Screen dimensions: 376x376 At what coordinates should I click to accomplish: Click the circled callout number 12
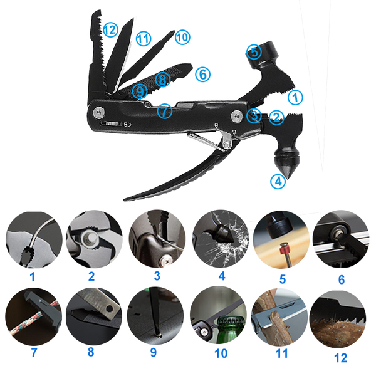(x=110, y=29)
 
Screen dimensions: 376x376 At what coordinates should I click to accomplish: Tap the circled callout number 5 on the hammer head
(x=254, y=52)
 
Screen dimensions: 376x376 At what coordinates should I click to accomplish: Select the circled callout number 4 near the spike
(x=278, y=181)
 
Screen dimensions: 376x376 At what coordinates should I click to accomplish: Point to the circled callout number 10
(x=182, y=38)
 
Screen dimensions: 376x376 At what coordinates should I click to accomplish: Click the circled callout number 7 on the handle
(x=165, y=111)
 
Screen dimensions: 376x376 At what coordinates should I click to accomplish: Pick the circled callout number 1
(x=295, y=97)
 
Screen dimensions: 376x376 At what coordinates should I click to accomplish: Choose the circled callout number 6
(x=203, y=74)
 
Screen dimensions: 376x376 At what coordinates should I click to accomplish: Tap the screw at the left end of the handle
(x=99, y=112)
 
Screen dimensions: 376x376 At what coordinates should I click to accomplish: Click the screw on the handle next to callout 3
(x=237, y=116)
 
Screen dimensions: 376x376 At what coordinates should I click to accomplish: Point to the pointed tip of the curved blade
(x=125, y=199)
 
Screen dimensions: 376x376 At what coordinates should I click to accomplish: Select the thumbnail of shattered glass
(x=221, y=239)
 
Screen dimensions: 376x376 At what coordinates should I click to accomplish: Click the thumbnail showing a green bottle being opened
(x=218, y=316)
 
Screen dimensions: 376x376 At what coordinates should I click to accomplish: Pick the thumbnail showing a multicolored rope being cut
(x=34, y=316)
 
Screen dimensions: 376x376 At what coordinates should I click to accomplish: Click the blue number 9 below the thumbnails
(x=154, y=352)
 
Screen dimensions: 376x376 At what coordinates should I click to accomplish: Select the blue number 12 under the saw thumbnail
(x=340, y=358)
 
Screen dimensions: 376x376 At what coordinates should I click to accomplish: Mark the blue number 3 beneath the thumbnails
(x=157, y=276)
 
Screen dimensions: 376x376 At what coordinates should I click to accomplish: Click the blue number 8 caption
(x=91, y=352)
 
